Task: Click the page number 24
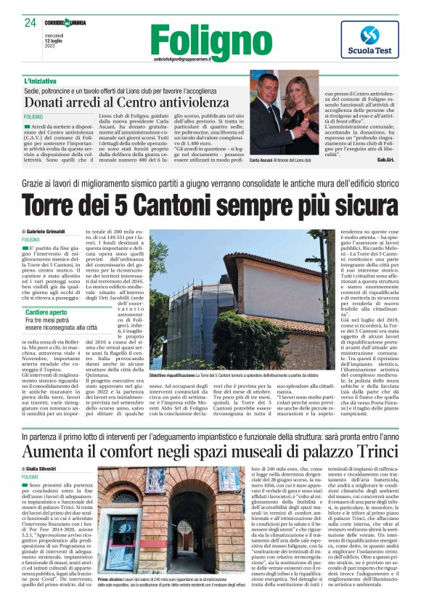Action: [x=30, y=23]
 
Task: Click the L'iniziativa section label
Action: [x=41, y=81]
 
